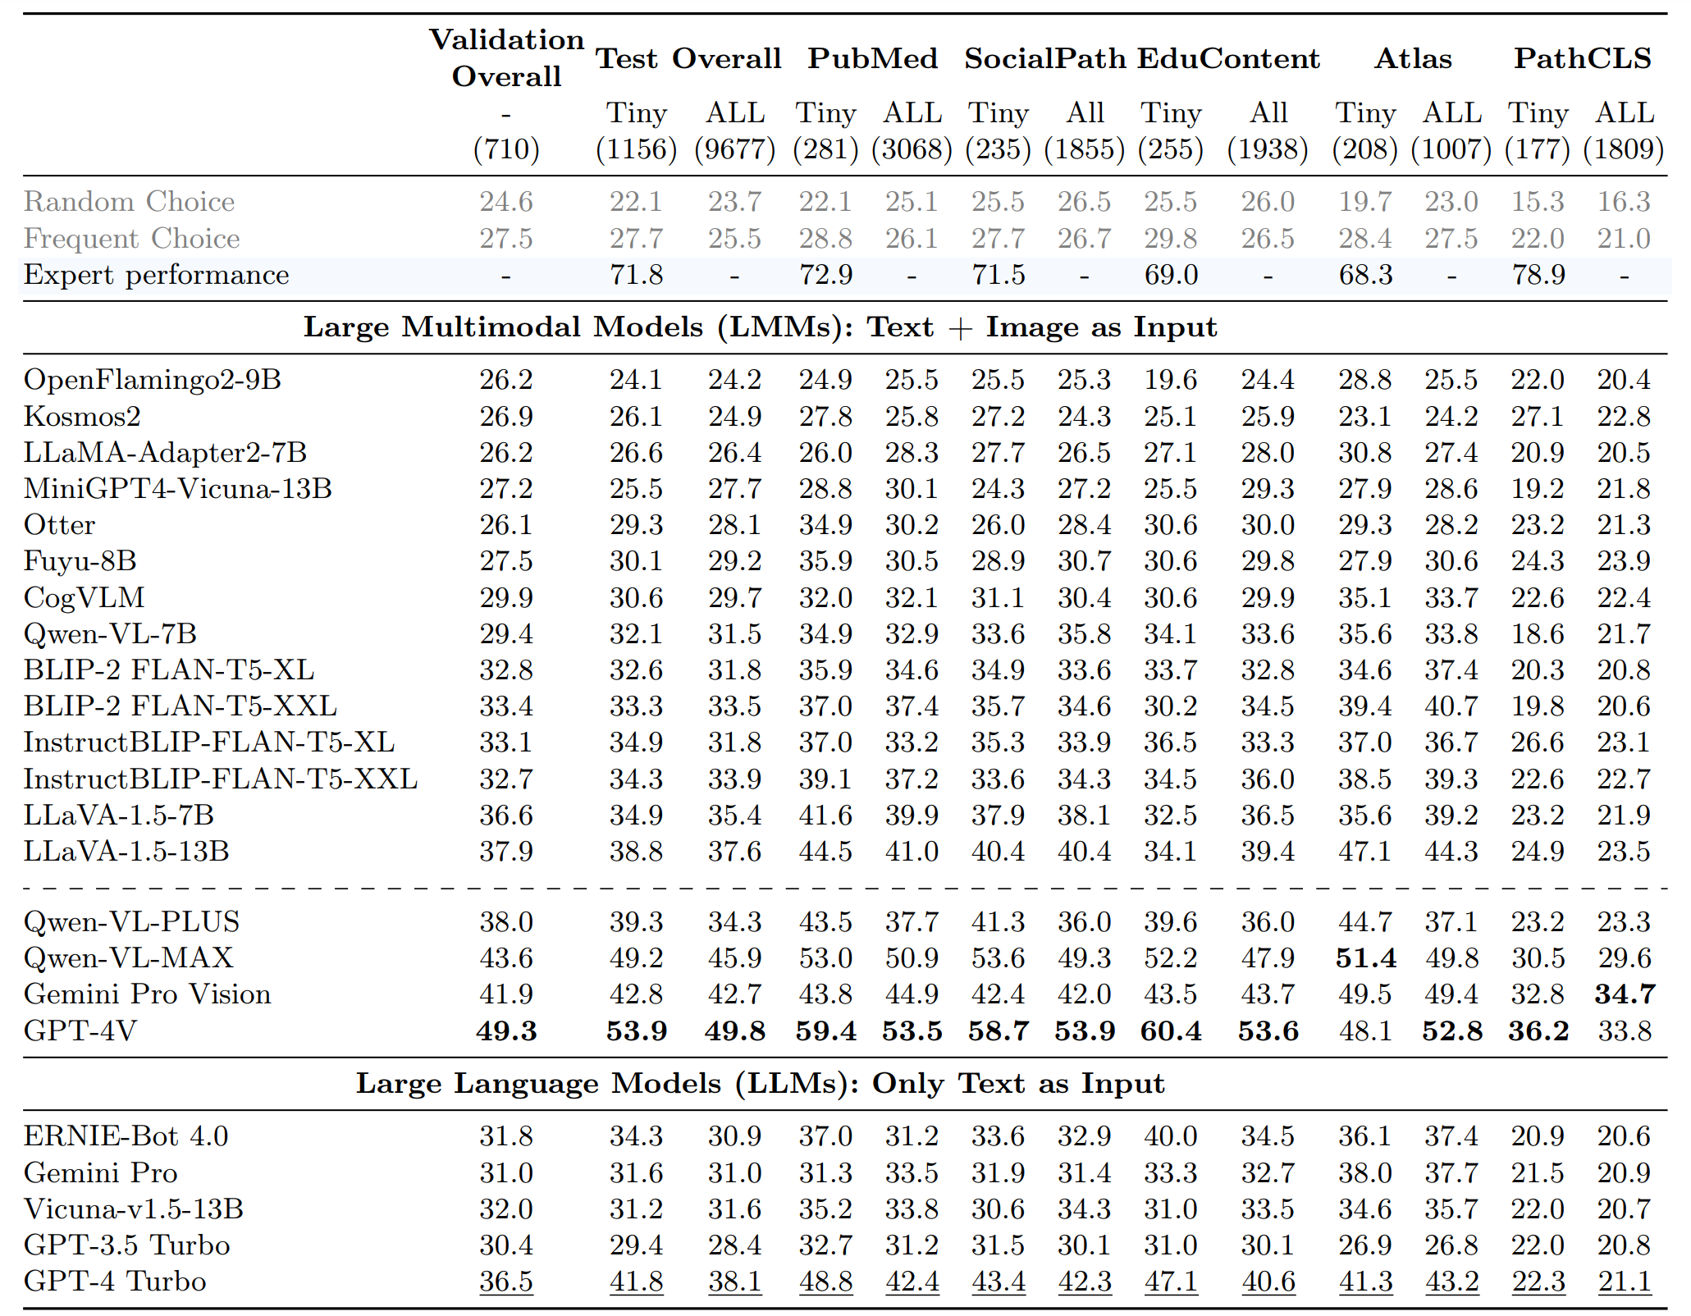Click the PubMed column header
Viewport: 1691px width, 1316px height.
coord(872,58)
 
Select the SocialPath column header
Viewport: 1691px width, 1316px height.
coord(1044,58)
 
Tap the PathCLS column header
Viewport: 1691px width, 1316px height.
coord(1582,58)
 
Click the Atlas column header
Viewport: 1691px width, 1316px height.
coord(1413,58)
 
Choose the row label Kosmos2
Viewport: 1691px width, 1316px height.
coord(82,416)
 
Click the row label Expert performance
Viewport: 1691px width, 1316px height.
coord(156,275)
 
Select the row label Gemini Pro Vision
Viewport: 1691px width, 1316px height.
coord(147,994)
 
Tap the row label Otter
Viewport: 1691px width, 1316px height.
coord(59,524)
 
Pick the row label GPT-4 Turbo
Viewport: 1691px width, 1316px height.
coord(115,1281)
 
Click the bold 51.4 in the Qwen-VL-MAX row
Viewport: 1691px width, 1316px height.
coord(1365,957)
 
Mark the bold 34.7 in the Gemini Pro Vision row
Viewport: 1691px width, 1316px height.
coord(1625,994)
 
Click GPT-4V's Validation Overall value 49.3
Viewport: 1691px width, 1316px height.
coord(506,1030)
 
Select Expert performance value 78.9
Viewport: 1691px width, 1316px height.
coord(1538,275)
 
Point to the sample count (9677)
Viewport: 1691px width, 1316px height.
coord(735,149)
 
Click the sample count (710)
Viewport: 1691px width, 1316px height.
coord(506,149)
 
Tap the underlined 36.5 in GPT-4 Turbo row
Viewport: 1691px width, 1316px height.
coord(506,1282)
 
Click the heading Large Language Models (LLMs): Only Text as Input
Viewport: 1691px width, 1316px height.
coord(760,1084)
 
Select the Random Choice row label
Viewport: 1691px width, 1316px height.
coord(129,202)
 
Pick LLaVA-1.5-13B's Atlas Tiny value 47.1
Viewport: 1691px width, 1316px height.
coord(1365,851)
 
